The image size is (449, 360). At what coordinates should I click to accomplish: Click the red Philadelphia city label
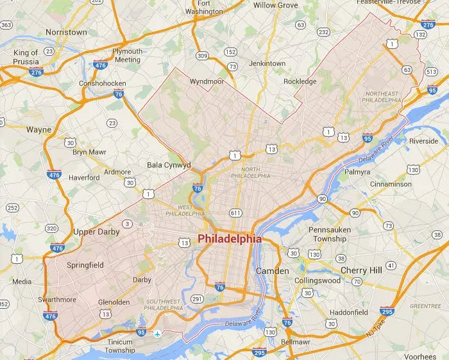pos(230,238)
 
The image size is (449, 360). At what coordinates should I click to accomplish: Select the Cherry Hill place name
pos(362,270)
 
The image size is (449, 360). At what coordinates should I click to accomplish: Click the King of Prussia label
pos(26,57)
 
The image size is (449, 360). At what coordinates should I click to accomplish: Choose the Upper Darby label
pos(96,232)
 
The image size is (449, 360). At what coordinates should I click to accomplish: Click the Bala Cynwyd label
pos(169,165)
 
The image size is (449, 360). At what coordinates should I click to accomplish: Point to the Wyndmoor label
pos(205,81)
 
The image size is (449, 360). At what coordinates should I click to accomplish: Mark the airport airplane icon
pos(157,334)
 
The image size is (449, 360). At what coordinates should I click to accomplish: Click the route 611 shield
pos(236,212)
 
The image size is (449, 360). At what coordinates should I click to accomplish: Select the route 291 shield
pos(198,298)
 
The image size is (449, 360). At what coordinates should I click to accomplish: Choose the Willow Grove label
pos(275,5)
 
